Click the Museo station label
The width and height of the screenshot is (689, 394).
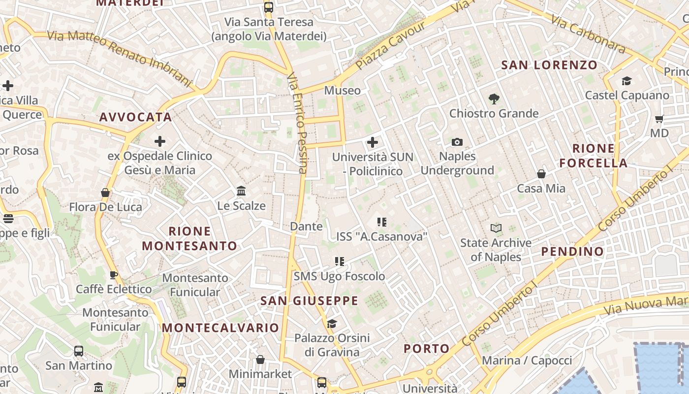(342, 91)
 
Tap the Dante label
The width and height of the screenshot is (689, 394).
(306, 227)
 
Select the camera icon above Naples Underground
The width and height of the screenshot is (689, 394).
(457, 142)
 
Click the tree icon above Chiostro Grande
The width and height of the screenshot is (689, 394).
(494, 99)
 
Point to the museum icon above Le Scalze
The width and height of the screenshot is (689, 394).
(241, 191)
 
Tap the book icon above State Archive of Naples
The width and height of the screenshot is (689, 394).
(496, 228)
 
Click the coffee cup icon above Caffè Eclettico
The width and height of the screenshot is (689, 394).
(114, 275)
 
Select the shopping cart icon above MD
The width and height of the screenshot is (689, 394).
(659, 119)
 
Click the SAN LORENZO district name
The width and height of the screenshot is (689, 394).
(549, 65)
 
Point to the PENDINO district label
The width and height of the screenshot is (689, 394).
(572, 252)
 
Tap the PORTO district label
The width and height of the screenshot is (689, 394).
(427, 349)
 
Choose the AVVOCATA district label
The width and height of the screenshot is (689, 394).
(135, 117)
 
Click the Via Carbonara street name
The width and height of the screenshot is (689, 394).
(588, 33)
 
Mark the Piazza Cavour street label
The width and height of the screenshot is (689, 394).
(390, 45)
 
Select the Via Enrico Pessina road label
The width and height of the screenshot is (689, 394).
(297, 123)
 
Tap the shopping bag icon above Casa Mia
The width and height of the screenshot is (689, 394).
(541, 174)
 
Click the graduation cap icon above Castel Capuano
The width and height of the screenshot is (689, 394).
(626, 81)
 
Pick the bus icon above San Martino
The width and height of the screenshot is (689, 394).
(79, 351)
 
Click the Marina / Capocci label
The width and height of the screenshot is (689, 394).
(527, 361)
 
